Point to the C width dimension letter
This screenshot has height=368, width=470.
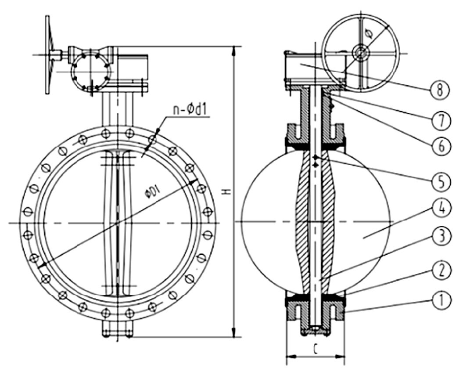316,349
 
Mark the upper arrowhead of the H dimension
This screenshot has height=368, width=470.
233,49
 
